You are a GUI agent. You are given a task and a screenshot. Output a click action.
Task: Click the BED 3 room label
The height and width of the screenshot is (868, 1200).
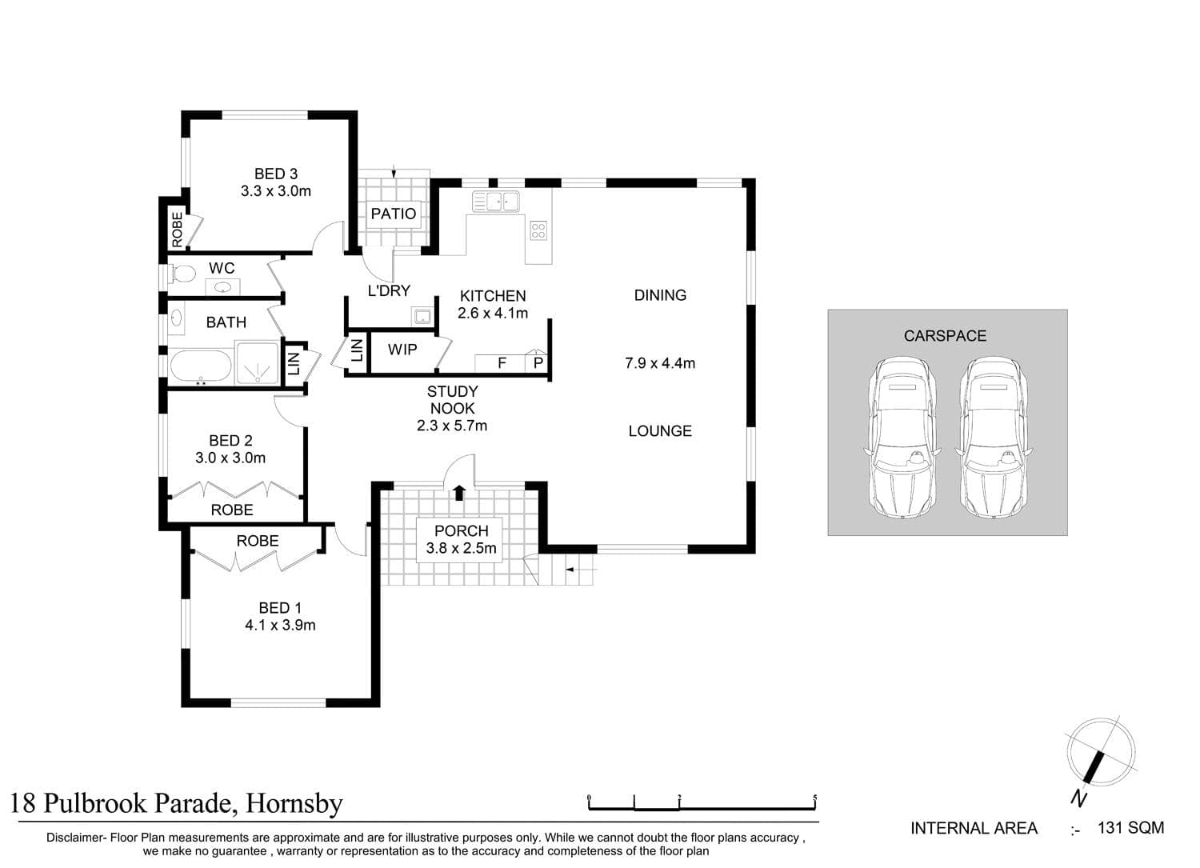click(x=276, y=174)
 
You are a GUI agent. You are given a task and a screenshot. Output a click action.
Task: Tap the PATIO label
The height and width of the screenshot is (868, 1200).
click(x=394, y=214)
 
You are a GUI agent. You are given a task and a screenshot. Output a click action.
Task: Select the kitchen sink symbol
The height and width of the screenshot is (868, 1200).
click(x=495, y=202)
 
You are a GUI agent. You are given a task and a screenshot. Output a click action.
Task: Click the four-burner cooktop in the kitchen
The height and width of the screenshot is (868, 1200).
click(x=538, y=231)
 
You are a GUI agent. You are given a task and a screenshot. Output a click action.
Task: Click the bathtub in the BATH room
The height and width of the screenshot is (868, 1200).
click(x=200, y=366)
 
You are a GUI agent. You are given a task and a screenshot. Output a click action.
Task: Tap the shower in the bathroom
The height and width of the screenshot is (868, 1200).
click(x=258, y=363)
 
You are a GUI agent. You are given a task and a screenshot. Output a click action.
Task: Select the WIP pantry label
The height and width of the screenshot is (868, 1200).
click(x=402, y=350)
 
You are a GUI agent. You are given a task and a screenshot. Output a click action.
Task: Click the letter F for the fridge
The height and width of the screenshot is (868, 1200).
click(x=502, y=363)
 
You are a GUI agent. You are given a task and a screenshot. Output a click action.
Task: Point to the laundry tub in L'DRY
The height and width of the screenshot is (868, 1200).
click(x=422, y=316)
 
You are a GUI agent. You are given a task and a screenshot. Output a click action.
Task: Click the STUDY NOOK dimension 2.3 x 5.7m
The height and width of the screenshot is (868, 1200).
click(x=452, y=426)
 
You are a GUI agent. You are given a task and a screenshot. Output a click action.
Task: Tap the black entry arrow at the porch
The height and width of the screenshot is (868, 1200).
click(x=459, y=493)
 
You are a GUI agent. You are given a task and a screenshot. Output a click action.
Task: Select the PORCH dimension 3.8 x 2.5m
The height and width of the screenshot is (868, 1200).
click(x=462, y=549)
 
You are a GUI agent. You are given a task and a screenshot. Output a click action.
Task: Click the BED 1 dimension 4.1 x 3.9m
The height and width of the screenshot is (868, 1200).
click(x=280, y=626)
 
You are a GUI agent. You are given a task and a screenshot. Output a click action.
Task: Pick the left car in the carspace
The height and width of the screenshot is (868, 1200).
click(x=902, y=438)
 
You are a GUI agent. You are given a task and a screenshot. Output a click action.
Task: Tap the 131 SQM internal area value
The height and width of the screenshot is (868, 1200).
click(x=1131, y=828)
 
